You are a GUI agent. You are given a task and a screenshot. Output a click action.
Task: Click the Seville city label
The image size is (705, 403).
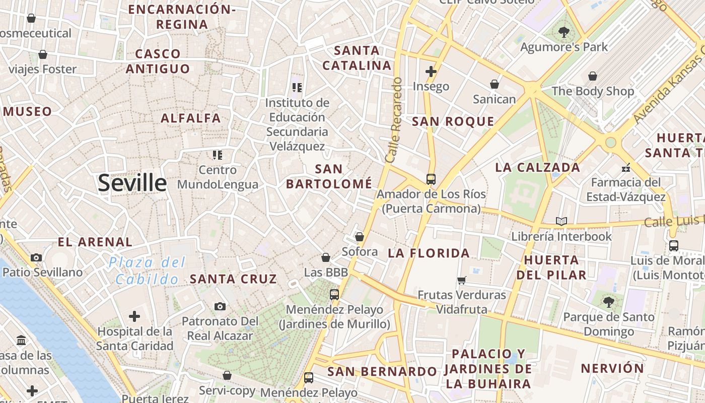(132, 182)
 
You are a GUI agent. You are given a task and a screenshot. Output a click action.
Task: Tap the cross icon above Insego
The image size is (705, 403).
(431, 72)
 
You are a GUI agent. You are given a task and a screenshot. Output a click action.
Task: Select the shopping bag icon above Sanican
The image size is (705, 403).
(495, 84)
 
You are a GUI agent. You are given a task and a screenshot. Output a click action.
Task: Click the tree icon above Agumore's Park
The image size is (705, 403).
(563, 32)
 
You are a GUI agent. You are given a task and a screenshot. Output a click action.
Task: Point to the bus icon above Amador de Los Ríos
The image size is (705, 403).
(431, 179)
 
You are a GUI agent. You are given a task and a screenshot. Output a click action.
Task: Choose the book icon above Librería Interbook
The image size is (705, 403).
(561, 221)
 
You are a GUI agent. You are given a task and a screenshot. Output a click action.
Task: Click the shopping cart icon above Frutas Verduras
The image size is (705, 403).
(461, 280)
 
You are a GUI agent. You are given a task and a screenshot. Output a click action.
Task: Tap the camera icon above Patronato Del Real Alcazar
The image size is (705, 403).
(220, 306)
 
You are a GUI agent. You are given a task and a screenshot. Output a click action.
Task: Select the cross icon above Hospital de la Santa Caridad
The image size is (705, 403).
(134, 316)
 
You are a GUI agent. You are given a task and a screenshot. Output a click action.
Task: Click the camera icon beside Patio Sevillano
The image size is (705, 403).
(36, 258)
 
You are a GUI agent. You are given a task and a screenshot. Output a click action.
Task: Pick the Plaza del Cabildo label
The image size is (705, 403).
(147, 271)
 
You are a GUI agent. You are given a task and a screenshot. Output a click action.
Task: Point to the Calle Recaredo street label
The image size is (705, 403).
(394, 120)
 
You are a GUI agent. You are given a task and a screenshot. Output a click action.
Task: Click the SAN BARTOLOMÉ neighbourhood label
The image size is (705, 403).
(329, 176)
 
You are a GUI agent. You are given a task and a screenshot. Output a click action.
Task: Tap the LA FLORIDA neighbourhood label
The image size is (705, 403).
(429, 253)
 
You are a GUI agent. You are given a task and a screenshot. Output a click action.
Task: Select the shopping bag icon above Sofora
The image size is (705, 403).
(359, 237)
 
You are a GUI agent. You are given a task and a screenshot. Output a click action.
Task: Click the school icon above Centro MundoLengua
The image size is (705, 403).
(217, 155)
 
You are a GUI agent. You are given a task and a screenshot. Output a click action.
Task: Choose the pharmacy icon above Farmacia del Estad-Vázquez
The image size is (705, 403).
(626, 168)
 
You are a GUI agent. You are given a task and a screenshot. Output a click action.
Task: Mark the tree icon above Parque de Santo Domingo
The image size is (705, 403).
(609, 302)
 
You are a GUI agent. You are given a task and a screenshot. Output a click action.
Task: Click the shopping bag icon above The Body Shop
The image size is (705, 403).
(593, 76)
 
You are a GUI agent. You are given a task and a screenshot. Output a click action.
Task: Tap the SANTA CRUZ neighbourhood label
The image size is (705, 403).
(233, 279)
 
